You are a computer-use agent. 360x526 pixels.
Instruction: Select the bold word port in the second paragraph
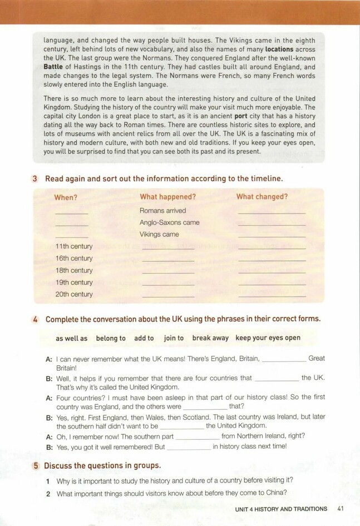click(242, 117)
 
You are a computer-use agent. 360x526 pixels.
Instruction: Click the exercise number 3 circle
click(34, 178)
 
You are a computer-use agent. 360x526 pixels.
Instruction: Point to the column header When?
click(66, 197)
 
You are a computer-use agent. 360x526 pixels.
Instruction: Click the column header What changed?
click(262, 197)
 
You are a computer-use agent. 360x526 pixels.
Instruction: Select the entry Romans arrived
click(162, 211)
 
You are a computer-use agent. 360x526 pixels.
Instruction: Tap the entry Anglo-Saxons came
click(169, 222)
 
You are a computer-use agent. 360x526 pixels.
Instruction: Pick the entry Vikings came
click(159, 234)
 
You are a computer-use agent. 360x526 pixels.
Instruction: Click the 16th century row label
click(74, 259)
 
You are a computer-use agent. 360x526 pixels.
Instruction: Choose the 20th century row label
click(74, 294)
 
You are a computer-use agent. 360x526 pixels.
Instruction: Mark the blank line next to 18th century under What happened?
click(168, 272)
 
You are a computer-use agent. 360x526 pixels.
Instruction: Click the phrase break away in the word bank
click(210, 338)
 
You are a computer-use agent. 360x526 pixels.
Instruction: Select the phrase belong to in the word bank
click(111, 338)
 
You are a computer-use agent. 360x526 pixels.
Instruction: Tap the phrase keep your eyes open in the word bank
click(268, 338)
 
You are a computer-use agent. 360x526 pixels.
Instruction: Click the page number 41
click(341, 508)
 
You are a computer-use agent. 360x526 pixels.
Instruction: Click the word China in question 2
click(276, 493)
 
